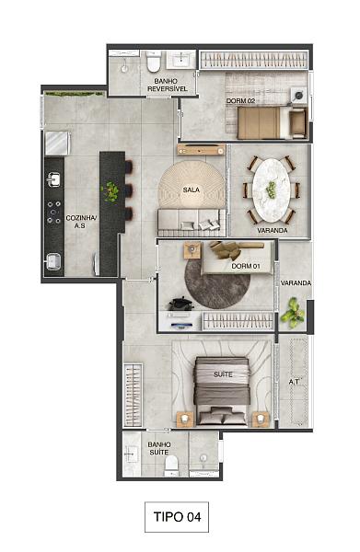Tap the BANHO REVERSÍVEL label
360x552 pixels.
[x=165, y=85]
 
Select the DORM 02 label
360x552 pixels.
[x=240, y=101]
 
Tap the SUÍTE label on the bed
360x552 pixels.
[x=222, y=375]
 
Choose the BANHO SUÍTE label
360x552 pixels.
[x=159, y=448]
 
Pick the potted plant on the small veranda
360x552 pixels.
[x=294, y=313]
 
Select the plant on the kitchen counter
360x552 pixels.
[x=111, y=192]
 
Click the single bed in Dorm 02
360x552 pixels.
[x=262, y=121]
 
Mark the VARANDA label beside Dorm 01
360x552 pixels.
[x=295, y=283]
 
